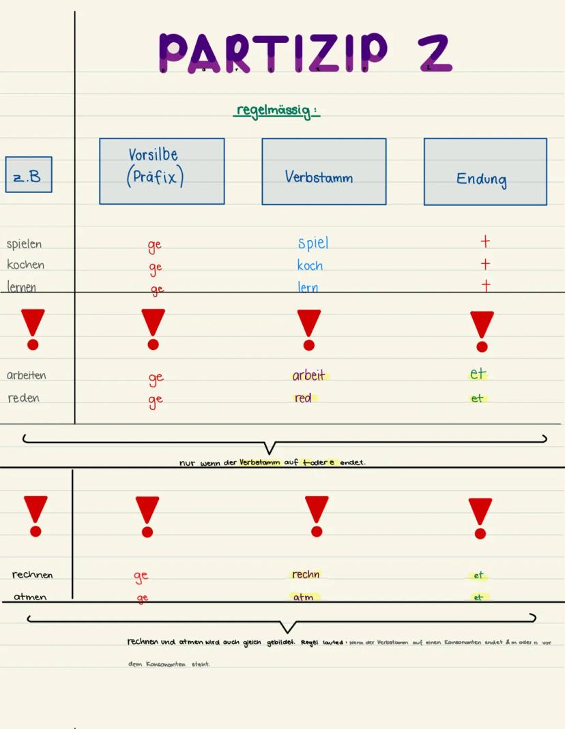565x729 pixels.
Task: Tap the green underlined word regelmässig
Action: pyautogui.click(x=276, y=110)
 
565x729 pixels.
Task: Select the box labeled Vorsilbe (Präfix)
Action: pyautogui.click(x=162, y=171)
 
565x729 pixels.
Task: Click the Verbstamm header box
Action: pyautogui.click(x=323, y=171)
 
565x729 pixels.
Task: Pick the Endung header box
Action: pyautogui.click(x=484, y=172)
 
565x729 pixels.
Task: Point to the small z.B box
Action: pyautogui.click(x=29, y=175)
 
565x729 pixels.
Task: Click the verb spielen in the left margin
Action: pyautogui.click(x=24, y=244)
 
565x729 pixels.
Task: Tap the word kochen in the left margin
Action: pyautogui.click(x=25, y=265)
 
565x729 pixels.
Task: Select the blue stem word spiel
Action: pyautogui.click(x=313, y=243)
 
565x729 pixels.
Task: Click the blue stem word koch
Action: pyautogui.click(x=310, y=265)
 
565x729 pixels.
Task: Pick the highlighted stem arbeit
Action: pyautogui.click(x=309, y=375)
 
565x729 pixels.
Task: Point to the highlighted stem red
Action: pyautogui.click(x=303, y=398)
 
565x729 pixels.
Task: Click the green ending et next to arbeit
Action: pyautogui.click(x=478, y=374)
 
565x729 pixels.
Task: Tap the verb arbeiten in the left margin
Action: pyautogui.click(x=27, y=375)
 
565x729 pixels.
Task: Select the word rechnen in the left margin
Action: pyautogui.click(x=32, y=575)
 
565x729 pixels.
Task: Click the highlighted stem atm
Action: pyautogui.click(x=303, y=597)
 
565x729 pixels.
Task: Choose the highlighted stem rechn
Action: pyautogui.click(x=305, y=574)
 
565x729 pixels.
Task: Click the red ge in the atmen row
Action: pyautogui.click(x=142, y=598)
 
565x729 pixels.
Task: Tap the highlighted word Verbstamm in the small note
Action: pyautogui.click(x=260, y=462)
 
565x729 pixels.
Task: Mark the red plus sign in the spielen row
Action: pyautogui.click(x=485, y=242)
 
